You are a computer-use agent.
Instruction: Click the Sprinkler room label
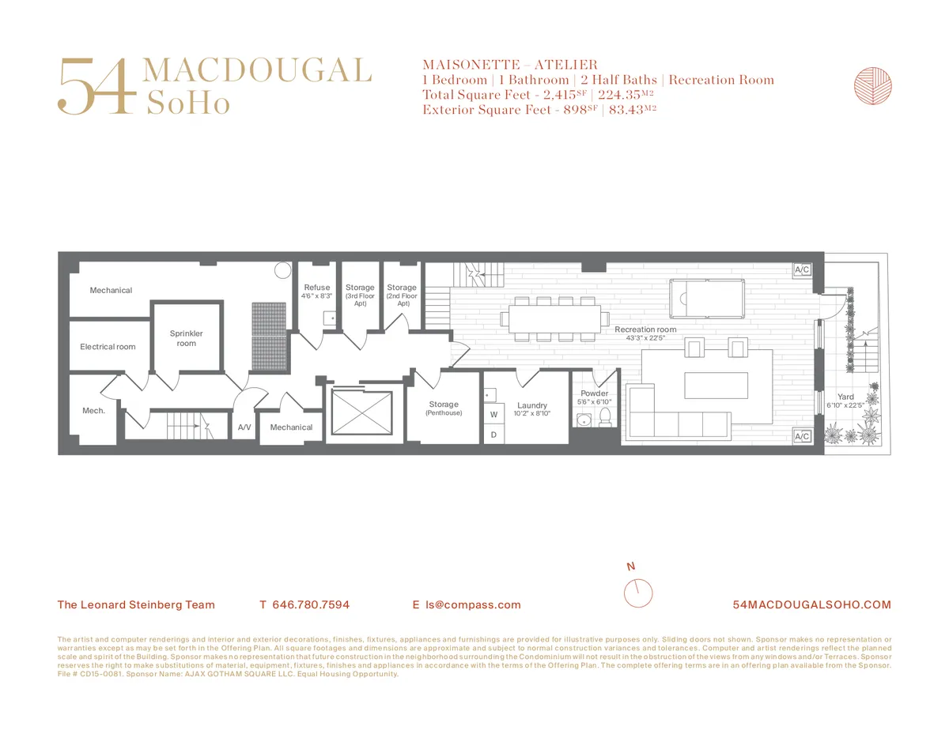click(x=187, y=338)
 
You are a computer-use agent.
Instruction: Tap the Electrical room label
click(x=108, y=347)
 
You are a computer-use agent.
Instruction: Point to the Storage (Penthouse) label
click(x=444, y=408)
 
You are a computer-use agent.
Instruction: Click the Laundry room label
click(x=532, y=405)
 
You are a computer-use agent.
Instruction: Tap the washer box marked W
click(x=493, y=414)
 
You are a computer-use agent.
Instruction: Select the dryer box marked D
click(x=493, y=434)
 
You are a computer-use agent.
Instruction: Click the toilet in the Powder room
click(x=606, y=416)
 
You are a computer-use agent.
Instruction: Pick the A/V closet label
click(x=244, y=427)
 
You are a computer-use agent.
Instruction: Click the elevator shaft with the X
click(x=361, y=412)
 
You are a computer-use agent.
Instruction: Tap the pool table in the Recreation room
click(x=705, y=298)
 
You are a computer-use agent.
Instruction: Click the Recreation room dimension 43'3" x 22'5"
click(x=645, y=338)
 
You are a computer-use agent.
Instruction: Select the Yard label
click(x=846, y=397)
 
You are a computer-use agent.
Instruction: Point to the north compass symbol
click(x=637, y=591)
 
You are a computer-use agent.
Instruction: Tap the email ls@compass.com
click(x=473, y=605)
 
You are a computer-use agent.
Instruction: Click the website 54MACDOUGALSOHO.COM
click(x=812, y=605)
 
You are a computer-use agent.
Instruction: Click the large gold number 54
click(x=93, y=85)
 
